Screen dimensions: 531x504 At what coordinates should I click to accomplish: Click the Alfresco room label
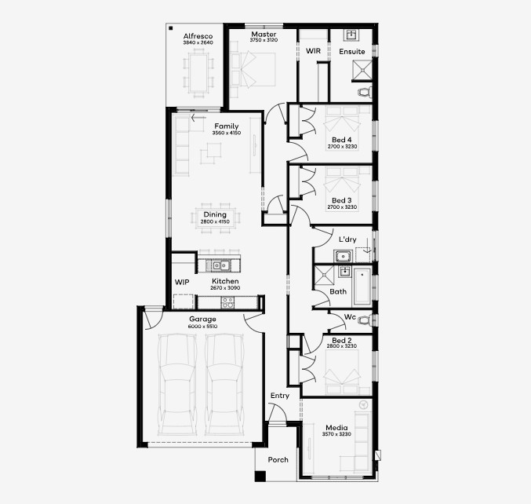(198, 36)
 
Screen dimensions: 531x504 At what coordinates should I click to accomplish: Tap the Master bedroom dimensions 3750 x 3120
(264, 40)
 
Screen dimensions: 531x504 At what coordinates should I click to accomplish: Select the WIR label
(313, 51)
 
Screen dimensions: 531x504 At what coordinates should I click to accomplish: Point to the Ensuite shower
(362, 70)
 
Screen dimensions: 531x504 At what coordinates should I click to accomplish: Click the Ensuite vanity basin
(351, 35)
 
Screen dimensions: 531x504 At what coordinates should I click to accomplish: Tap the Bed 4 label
(342, 140)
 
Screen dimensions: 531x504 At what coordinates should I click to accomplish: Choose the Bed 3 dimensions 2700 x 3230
(342, 206)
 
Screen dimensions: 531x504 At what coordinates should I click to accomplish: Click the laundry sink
(343, 256)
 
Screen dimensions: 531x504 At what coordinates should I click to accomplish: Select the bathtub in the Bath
(362, 287)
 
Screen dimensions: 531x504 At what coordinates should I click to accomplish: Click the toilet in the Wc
(366, 320)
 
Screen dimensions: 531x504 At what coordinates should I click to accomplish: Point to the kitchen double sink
(220, 265)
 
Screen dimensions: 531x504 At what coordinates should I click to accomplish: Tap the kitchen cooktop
(227, 302)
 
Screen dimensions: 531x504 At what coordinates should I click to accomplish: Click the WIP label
(182, 282)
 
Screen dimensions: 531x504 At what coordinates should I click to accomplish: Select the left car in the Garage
(177, 385)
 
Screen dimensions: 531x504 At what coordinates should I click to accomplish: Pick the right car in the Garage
(224, 385)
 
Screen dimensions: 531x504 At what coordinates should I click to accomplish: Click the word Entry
(280, 396)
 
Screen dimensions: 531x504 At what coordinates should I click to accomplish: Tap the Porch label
(278, 459)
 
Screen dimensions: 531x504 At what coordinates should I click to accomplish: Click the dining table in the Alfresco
(198, 73)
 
